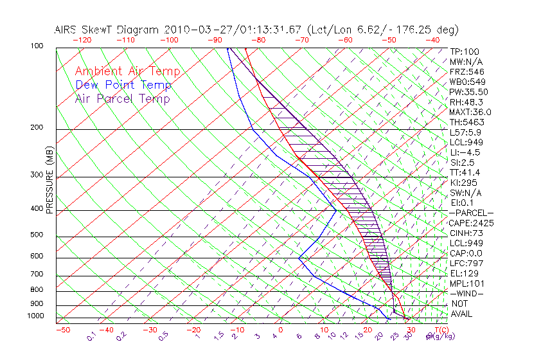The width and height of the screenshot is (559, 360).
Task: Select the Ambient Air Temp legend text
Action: (127, 71)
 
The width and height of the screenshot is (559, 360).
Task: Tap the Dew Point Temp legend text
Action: (123, 85)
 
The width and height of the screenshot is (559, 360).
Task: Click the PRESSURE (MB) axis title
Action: (49, 184)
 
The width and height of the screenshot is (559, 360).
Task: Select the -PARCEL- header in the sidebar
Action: (471, 213)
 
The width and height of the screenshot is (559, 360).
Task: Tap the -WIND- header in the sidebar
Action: (466, 293)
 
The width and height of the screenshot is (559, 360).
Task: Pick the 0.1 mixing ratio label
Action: (91, 336)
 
